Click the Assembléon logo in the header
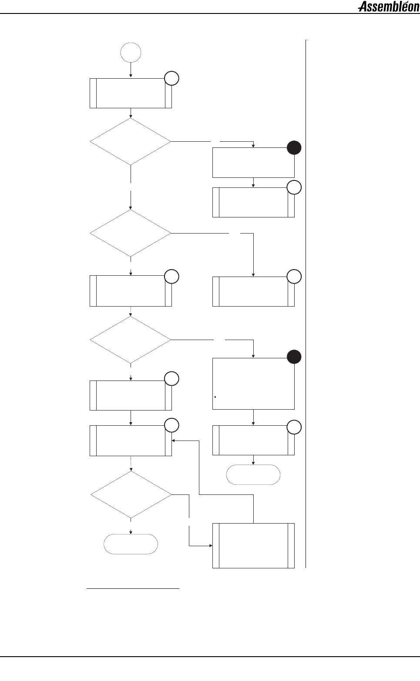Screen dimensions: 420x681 tap(388, 7)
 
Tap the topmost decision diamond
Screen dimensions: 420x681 tap(131, 141)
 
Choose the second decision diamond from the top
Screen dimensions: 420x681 tap(131, 233)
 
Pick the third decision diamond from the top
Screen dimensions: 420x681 tap(131, 339)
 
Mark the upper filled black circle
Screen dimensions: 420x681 tap(294, 148)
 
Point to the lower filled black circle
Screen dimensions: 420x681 tap(294, 357)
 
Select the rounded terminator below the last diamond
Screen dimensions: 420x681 tap(131, 544)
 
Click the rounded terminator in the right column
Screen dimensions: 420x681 tap(253, 474)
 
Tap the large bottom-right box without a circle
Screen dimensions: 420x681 tap(253, 545)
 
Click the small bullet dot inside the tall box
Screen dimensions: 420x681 tap(216, 397)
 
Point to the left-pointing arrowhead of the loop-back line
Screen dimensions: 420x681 tap(174, 441)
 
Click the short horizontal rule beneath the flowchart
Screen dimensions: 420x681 tap(133, 589)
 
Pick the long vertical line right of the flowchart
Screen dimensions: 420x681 tap(306, 304)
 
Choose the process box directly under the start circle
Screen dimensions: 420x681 tap(131, 93)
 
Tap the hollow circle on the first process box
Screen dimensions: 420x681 tap(171, 78)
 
